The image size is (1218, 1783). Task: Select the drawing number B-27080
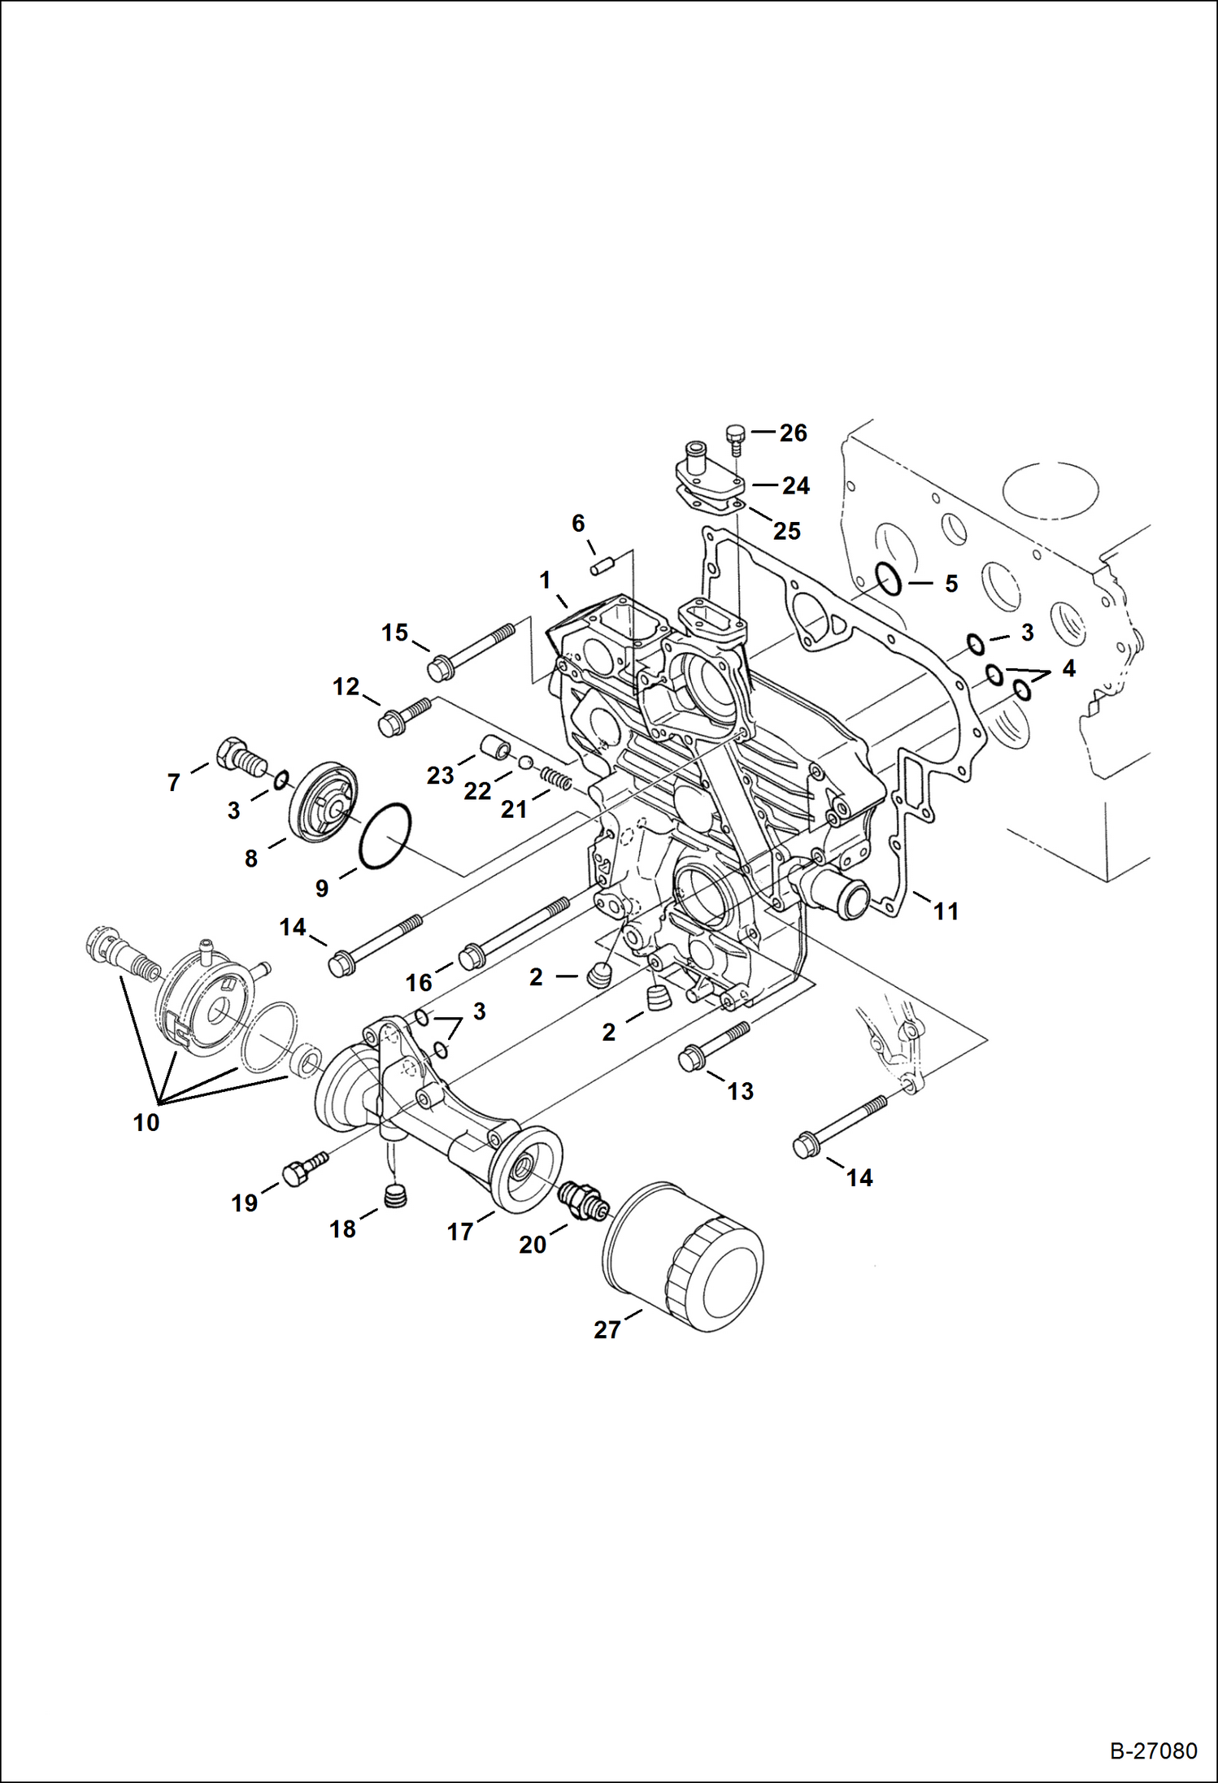pyautogui.click(x=1153, y=1750)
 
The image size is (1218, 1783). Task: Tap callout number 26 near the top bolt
pyautogui.click(x=793, y=433)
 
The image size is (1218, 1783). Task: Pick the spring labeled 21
pyautogui.click(x=557, y=781)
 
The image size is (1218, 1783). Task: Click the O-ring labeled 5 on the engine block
pyautogui.click(x=888, y=580)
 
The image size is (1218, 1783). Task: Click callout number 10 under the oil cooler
pyautogui.click(x=146, y=1123)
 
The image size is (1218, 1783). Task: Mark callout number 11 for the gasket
pyautogui.click(x=946, y=911)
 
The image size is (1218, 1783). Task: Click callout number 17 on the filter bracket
pyautogui.click(x=459, y=1232)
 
